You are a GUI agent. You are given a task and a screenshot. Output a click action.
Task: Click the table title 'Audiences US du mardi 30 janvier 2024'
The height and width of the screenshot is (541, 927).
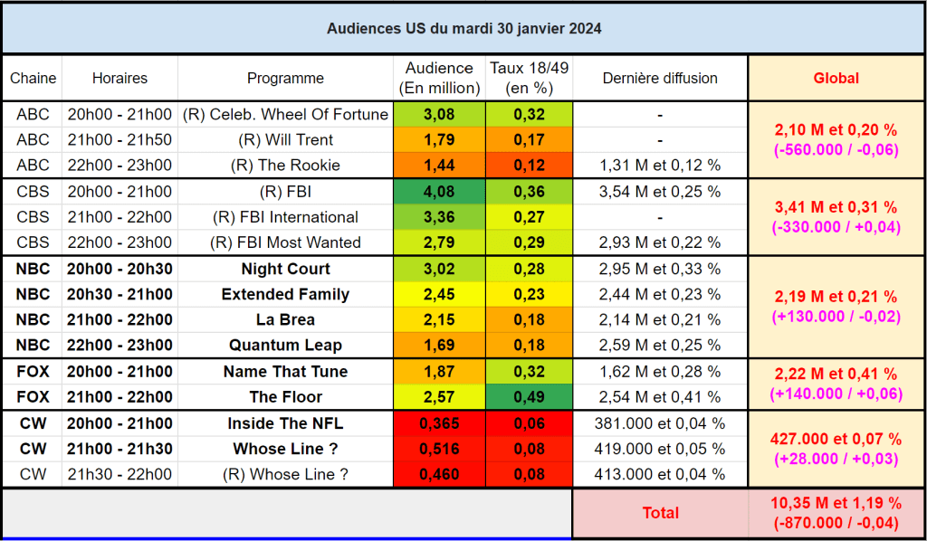tap(463, 28)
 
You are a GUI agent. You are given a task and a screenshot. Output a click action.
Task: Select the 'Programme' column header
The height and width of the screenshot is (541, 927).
tap(285, 78)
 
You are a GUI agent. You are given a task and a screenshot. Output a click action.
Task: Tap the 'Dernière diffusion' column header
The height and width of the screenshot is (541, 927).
tap(660, 78)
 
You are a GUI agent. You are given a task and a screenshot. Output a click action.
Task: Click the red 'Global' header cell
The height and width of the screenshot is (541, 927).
tap(836, 78)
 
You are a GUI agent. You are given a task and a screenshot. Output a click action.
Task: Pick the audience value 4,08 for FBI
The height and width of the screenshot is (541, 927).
tap(439, 192)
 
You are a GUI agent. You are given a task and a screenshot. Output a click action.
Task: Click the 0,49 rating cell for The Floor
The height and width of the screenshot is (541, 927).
tap(529, 397)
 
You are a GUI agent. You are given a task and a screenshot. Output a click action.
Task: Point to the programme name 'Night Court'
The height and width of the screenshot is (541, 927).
tap(285, 269)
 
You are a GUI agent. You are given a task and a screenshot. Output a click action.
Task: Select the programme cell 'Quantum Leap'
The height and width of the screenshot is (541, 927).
tap(285, 346)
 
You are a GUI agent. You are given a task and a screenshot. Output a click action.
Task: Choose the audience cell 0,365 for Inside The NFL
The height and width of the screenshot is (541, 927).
tap(439, 423)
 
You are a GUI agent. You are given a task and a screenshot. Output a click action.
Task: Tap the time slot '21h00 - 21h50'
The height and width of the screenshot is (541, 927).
tap(119, 140)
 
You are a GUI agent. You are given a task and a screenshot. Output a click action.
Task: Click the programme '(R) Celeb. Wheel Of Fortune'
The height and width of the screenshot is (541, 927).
tap(285, 115)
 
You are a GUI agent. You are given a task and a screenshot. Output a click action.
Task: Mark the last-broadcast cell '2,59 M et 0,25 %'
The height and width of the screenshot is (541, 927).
tap(660, 346)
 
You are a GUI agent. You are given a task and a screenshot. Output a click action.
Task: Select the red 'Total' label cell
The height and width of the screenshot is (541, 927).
tap(660, 513)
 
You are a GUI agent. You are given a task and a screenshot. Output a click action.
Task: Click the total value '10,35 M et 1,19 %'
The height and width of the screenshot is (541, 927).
tap(836, 504)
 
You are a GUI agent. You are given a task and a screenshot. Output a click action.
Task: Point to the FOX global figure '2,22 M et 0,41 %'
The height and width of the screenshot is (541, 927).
tap(836, 375)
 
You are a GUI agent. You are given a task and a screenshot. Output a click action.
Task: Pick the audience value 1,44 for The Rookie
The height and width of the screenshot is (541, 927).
tap(439, 166)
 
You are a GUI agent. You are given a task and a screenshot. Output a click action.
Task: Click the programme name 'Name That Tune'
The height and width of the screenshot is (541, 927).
tap(285, 372)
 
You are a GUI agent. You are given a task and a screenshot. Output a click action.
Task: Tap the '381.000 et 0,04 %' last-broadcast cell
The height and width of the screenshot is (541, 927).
tap(660, 423)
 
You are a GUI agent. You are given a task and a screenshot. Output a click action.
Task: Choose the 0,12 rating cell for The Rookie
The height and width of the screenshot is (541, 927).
tap(529, 166)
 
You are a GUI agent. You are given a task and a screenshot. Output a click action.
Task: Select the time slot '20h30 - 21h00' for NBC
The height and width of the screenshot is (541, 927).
tap(119, 294)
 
